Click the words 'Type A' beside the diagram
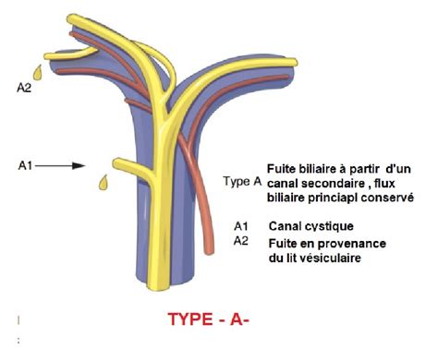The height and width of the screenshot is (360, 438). [x=242, y=182]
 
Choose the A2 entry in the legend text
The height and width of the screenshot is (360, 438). [x=242, y=241]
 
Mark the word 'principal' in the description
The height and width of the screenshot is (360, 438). [x=330, y=198]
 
